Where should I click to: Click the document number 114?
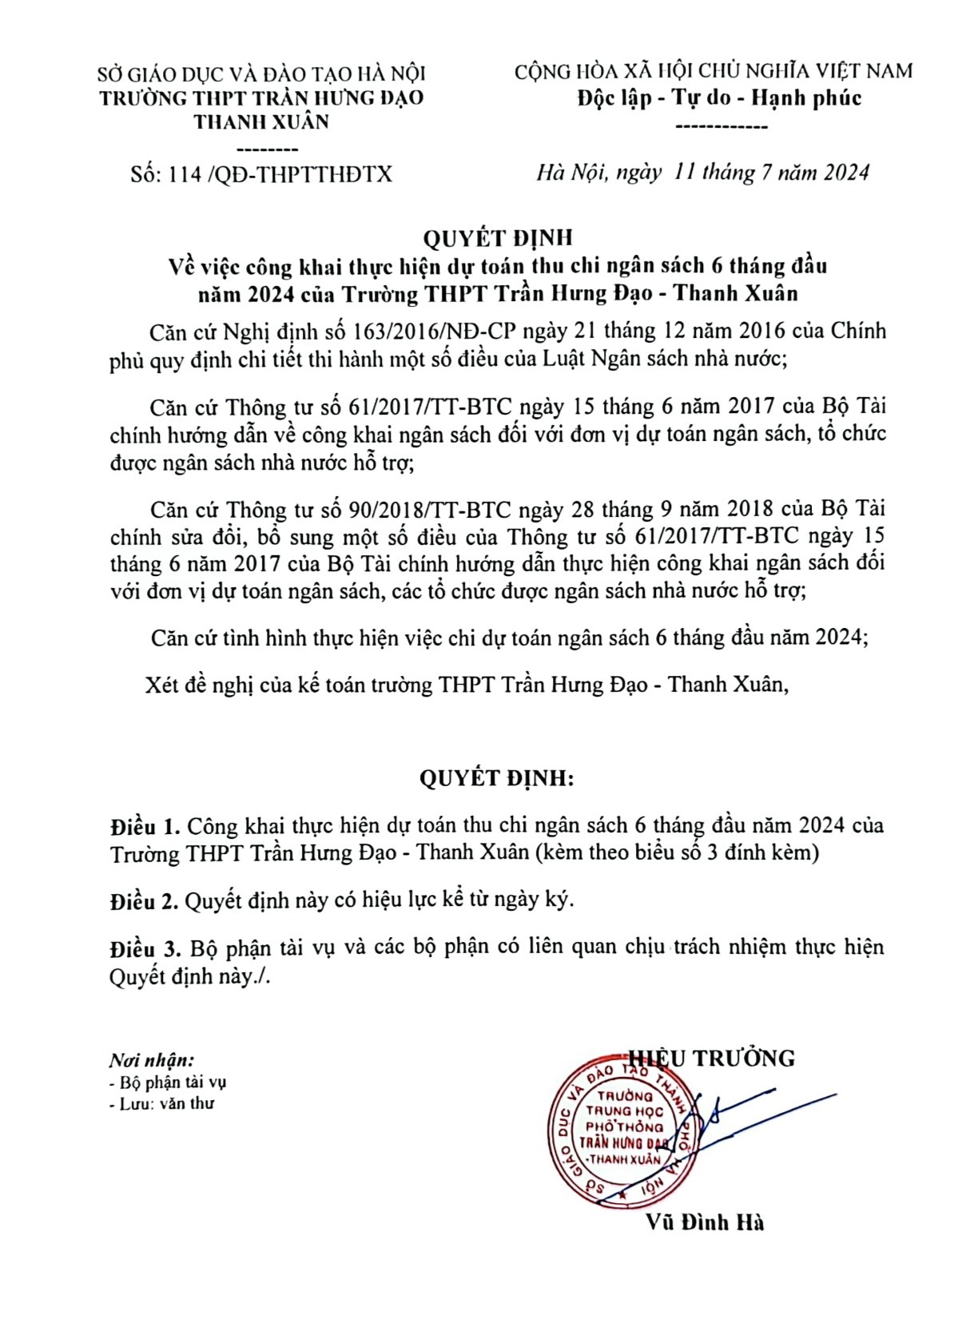click(x=185, y=174)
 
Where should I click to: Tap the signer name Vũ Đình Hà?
click(x=706, y=1222)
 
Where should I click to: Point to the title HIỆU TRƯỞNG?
click(x=714, y=1058)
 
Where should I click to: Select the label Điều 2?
click(x=144, y=900)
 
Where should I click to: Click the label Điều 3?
click(x=144, y=948)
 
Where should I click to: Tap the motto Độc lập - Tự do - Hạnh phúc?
click(x=719, y=99)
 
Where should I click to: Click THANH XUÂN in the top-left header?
click(x=261, y=122)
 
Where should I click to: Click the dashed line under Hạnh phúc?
click(x=722, y=126)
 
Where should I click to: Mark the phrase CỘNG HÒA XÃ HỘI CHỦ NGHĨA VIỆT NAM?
click(x=714, y=72)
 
